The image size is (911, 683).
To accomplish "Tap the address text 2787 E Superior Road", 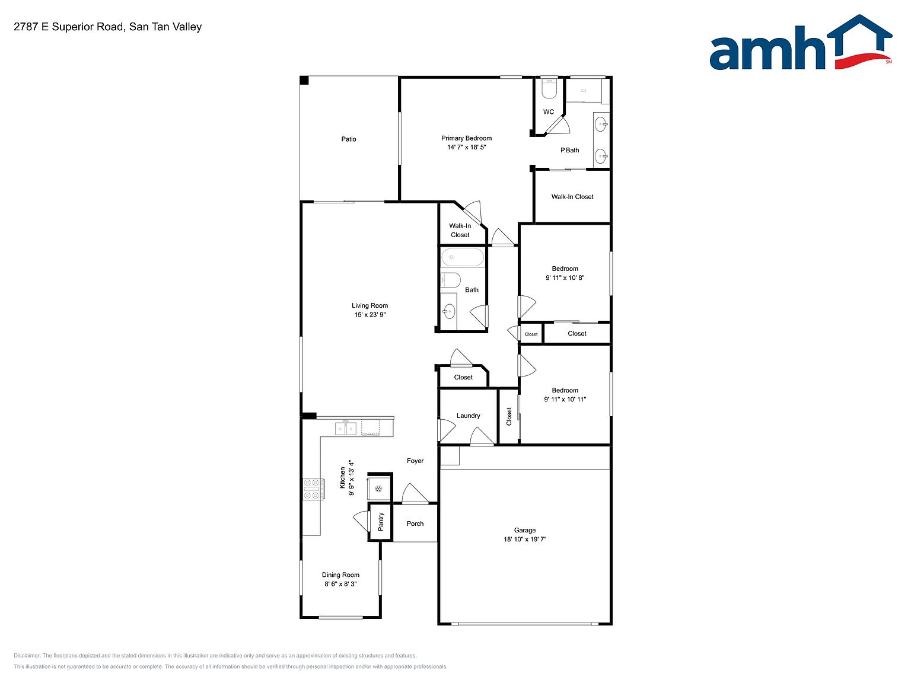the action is coord(68,27).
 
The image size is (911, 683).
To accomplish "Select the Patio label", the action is coord(349,139).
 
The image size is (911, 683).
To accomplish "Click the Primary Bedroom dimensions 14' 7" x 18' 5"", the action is coord(467,147).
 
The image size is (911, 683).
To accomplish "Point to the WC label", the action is coord(548,112).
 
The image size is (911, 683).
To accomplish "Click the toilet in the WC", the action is coord(549,88).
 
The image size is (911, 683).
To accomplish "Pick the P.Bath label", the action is coord(569,150).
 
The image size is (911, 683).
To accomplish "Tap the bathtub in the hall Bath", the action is coord(463,257).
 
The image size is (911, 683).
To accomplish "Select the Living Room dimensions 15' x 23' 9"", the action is coord(370,315).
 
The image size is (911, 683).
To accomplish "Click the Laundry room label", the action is coord(468,416).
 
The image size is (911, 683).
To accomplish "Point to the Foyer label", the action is coord(415,461).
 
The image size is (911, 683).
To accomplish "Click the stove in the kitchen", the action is coord(313,489).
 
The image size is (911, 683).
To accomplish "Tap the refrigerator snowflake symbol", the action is coord(378,489).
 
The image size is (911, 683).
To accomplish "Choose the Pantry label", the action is coord(381,522).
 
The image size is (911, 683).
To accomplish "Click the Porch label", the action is coord(415,524).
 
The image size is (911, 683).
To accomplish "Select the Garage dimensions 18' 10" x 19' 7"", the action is coord(525,540).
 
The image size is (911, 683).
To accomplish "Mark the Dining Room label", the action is coord(341,575).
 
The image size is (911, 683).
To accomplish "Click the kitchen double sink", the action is coord(346,428).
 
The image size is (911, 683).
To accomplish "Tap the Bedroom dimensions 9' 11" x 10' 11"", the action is coord(565,400).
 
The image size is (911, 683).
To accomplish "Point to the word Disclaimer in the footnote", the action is coord(27,656).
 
